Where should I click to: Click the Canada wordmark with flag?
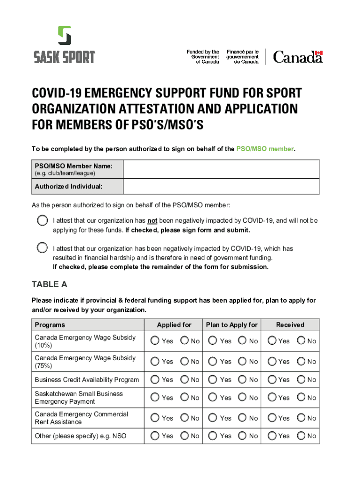298,57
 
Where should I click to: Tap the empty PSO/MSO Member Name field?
221,169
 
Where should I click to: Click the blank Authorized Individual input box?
221,187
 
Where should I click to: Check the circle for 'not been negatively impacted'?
42,220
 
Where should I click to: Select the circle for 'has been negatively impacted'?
42,247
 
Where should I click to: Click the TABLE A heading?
49,284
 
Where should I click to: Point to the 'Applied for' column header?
174,325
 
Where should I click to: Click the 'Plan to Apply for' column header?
231,325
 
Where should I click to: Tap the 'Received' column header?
290,325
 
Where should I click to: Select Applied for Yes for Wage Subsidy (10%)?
155,341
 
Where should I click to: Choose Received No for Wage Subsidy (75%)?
302,361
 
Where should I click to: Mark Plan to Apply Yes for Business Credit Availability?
213,379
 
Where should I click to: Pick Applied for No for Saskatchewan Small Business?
185,398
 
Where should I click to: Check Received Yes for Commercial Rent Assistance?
272,418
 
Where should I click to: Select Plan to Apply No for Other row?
243,435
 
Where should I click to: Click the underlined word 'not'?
152,220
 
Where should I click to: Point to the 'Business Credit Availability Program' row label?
86,380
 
